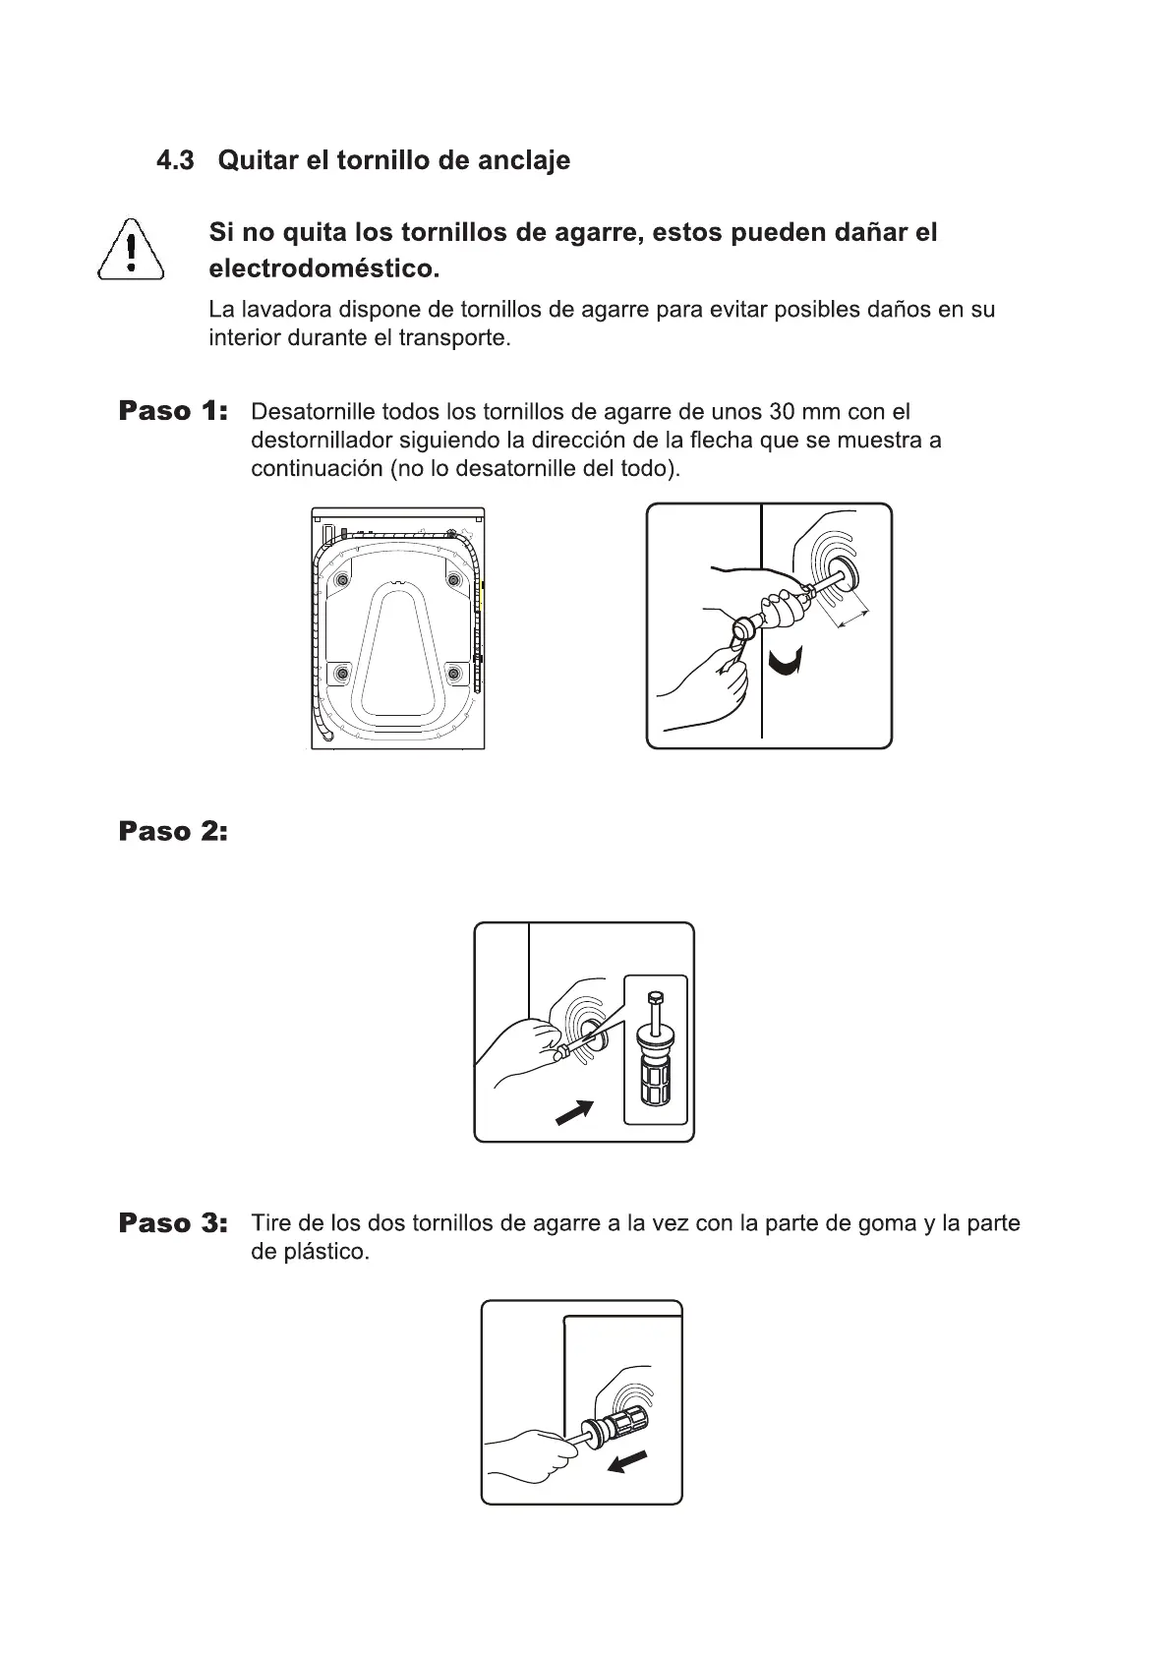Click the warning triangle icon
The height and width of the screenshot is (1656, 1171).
pos(131,251)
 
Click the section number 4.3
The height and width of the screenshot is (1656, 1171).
pos(175,160)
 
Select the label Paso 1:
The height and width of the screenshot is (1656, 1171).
pos(173,411)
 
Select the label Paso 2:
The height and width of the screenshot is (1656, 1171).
pos(173,832)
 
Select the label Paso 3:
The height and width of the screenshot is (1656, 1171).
pos(173,1224)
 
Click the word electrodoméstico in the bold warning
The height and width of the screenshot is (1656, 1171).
pos(323,268)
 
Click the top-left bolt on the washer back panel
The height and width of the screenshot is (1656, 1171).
pos(341,580)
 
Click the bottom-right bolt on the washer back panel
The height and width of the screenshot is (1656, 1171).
pos(453,674)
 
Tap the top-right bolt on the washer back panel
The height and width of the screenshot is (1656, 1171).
pos(453,580)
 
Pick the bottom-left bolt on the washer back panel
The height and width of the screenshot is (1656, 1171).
pos(341,674)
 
